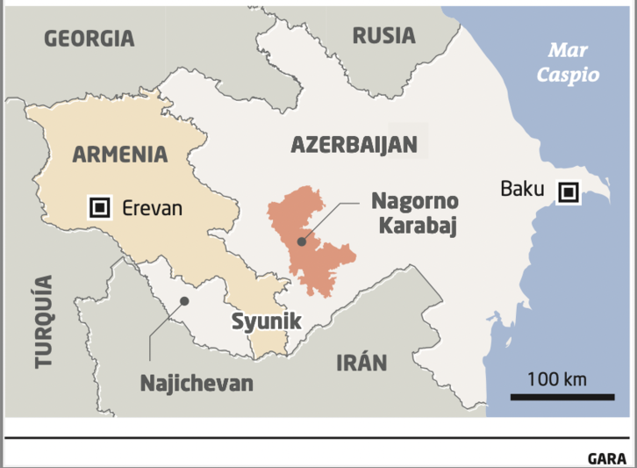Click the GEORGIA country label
click(89, 39)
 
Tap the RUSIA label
click(383, 36)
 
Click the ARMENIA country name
click(119, 155)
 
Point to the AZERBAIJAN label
click(354, 145)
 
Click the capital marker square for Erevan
click(100, 208)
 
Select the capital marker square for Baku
click(569, 191)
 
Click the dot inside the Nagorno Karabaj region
click(301, 240)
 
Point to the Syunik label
click(266, 321)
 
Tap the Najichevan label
click(197, 383)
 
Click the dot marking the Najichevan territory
click(184, 300)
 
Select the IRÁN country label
click(361, 363)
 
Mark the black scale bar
click(562, 398)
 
